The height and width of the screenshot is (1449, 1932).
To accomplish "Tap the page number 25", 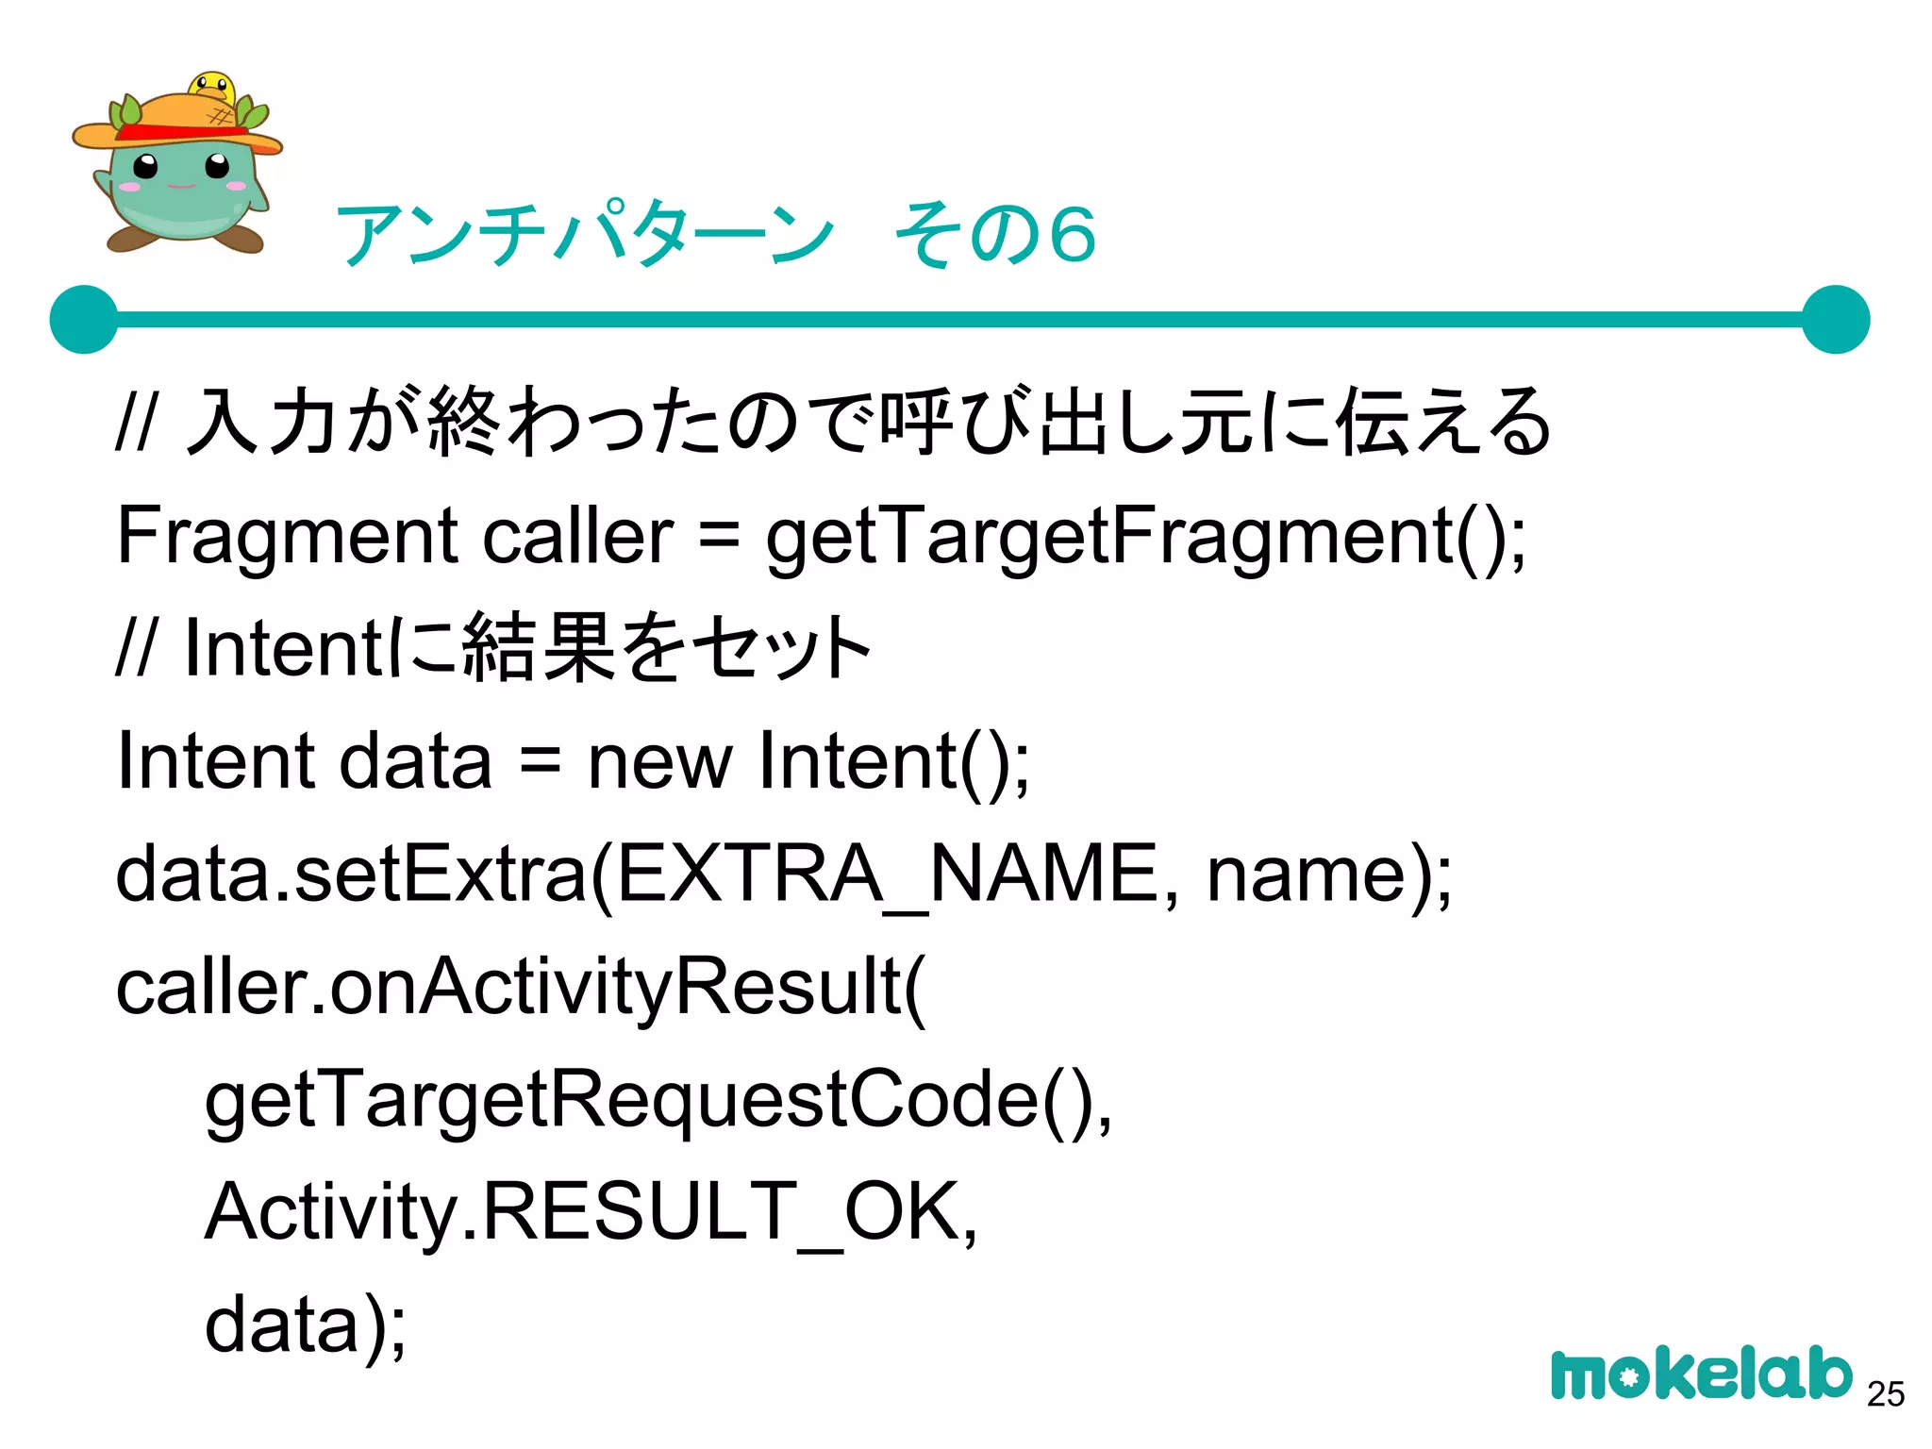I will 1886,1393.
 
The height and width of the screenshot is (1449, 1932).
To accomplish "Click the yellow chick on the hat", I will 211,88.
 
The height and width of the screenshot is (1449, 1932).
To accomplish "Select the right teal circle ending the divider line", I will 1835,320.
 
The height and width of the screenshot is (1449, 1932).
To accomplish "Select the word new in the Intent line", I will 659,761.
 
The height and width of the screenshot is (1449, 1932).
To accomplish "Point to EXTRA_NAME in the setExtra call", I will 886,874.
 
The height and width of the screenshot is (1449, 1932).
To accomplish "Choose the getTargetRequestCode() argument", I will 658,1100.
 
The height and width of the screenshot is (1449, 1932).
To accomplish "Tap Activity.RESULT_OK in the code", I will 591,1212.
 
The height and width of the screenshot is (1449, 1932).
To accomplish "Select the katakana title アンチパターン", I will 585,234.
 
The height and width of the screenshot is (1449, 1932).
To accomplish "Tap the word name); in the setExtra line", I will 1329,874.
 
